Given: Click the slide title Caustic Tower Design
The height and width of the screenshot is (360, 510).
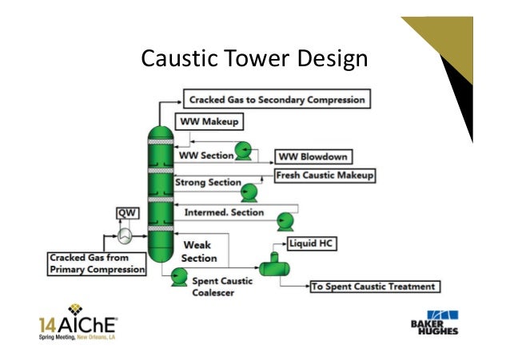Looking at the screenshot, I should pyautogui.click(x=253, y=58).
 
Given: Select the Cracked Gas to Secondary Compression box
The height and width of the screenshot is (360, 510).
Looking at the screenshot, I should pyautogui.click(x=276, y=101).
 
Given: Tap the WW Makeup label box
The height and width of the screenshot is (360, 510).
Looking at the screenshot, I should pyautogui.click(x=209, y=123).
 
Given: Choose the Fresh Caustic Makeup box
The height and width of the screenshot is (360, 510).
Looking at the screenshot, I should pyautogui.click(x=325, y=174).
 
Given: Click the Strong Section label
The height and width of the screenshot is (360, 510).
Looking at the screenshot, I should pyautogui.click(x=209, y=183).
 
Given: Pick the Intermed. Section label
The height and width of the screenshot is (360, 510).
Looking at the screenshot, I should pyautogui.click(x=224, y=212).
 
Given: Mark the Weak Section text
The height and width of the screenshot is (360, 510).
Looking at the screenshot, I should pyautogui.click(x=198, y=251).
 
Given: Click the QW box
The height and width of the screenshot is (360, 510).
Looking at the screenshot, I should pyautogui.click(x=126, y=212).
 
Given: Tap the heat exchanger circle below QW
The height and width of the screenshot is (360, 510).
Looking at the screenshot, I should pyautogui.click(x=126, y=235).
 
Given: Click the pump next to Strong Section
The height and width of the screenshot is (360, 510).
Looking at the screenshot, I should pyautogui.click(x=249, y=191).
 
